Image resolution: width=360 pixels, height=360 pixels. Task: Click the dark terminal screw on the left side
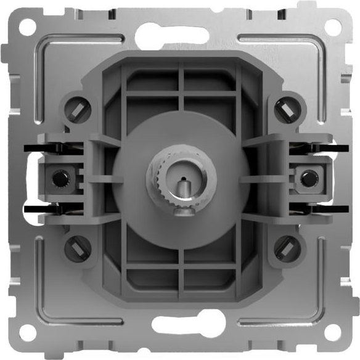tap(60, 179)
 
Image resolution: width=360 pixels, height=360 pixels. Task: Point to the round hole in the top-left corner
tap(27, 27)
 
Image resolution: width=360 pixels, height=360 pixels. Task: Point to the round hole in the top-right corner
tap(333, 27)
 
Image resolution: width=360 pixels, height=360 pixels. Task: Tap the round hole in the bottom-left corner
tap(27, 333)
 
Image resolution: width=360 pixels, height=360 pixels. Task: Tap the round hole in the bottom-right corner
tap(333, 333)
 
